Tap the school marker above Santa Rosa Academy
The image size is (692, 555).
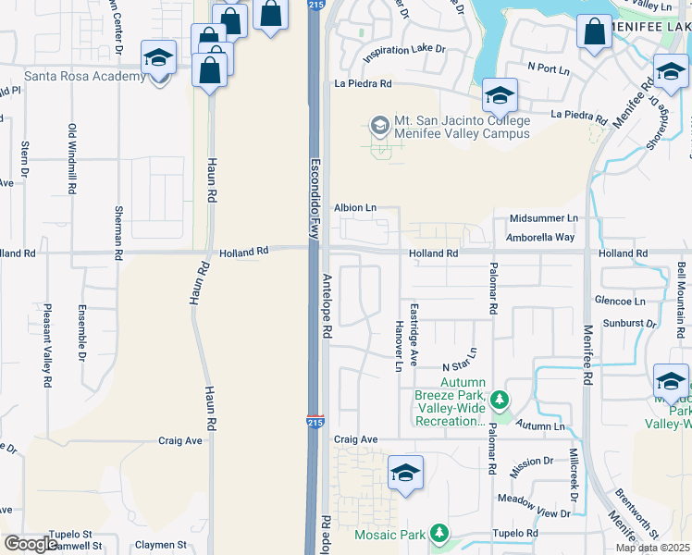coord(159,59)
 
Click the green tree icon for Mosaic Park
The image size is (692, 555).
coord(439,534)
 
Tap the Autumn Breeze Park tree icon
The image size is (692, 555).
coord(500,400)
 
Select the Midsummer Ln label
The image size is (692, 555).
coord(543,218)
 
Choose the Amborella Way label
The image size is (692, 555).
coord(540,237)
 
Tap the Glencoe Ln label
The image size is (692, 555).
coord(620,301)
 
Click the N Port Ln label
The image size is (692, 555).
coord(549,68)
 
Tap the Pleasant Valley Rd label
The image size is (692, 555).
coord(45,345)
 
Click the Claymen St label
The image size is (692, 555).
coord(161,546)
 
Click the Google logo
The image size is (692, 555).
coord(31,544)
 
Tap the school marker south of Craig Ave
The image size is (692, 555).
coord(405,473)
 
